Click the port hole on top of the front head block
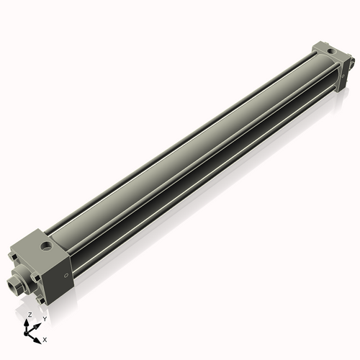coord(46,247)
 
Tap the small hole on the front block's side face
coord(66,276)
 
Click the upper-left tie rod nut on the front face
coord(13,255)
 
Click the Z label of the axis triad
coord(29,315)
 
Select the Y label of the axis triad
coord(44,318)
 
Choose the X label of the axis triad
coord(45,338)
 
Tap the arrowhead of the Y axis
coord(37,323)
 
